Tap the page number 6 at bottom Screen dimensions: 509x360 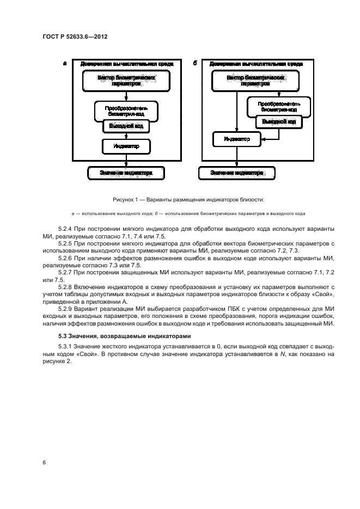(x=44, y=463)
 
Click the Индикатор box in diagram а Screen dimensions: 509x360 (x=126, y=146)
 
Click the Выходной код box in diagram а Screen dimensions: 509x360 (x=126, y=126)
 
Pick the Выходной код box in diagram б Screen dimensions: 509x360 (x=279, y=122)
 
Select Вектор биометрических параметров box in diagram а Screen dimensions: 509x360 (x=126, y=81)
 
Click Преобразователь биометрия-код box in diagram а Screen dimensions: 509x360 (x=126, y=109)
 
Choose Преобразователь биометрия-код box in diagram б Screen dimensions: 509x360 (x=279, y=106)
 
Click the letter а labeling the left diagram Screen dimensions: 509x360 (x=65, y=63)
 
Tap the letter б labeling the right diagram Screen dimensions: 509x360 (x=195, y=63)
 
